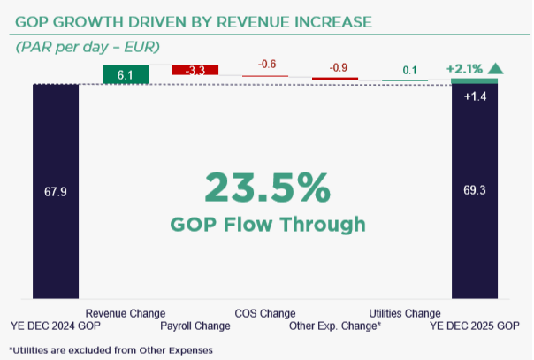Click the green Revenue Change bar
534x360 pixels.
pos(125,75)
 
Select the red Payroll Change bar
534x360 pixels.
pos(195,70)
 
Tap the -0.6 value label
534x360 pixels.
pos(266,65)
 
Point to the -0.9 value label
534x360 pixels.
pos(337,68)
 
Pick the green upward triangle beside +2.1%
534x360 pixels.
pos(496,67)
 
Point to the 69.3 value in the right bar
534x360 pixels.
pos(475,190)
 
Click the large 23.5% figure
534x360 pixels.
pos(268,188)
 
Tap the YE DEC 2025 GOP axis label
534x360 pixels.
pos(474,326)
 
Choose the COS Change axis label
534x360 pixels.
pos(265,313)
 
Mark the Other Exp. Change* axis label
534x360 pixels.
pos(335,326)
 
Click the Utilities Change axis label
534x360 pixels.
pos(404,313)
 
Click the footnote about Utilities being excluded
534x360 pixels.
pos(111,349)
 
